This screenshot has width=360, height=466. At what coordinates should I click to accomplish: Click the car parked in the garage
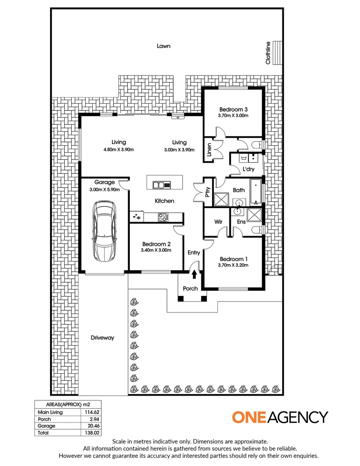(x=104, y=232)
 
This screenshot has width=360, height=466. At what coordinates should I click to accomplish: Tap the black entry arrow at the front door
(x=194, y=274)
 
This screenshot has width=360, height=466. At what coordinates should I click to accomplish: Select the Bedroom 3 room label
(x=233, y=109)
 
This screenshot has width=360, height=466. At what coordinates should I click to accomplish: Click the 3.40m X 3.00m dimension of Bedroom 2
(x=156, y=250)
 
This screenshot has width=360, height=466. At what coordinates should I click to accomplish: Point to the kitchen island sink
(x=159, y=186)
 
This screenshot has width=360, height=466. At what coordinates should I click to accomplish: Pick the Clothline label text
(x=268, y=53)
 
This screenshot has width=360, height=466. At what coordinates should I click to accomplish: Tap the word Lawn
(x=163, y=46)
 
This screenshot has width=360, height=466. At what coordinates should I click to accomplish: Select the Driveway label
(x=103, y=338)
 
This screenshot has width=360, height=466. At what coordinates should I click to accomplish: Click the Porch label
(x=190, y=289)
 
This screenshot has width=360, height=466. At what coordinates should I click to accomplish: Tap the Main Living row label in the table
(x=50, y=412)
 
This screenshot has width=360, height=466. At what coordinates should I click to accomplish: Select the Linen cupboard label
(x=209, y=150)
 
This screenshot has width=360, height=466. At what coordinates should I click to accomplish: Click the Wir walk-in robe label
(x=218, y=222)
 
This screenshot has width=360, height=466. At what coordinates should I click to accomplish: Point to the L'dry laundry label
(x=248, y=170)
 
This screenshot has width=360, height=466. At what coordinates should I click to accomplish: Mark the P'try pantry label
(x=207, y=192)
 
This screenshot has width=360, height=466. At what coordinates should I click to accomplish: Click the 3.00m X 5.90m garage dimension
(x=104, y=189)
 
